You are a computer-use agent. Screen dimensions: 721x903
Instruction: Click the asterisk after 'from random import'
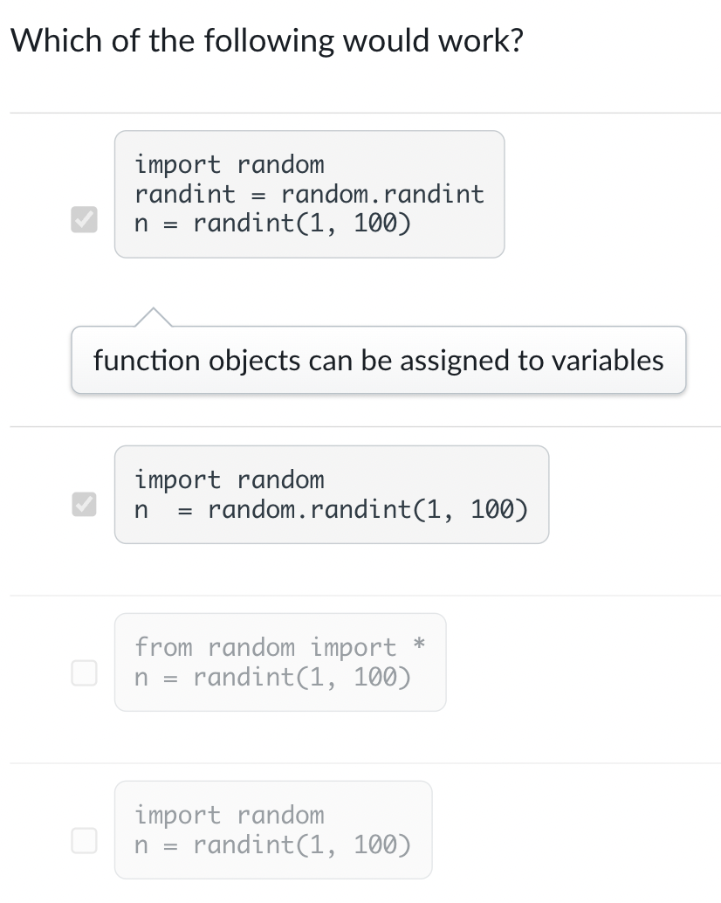pos(419,645)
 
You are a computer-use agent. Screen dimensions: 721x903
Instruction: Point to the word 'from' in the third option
pos(164,648)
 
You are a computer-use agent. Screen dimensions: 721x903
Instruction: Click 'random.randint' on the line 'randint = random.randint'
pos(382,194)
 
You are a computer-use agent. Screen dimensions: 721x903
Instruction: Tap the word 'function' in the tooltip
pos(146,360)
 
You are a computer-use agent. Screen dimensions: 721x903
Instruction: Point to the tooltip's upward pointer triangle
pos(152,317)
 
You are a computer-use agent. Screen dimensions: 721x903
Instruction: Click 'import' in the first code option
pos(179,164)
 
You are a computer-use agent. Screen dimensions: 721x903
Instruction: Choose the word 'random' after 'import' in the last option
pos(280,816)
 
